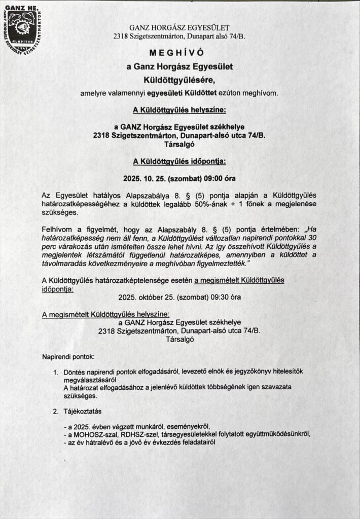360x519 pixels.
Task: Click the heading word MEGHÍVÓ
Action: tap(179, 53)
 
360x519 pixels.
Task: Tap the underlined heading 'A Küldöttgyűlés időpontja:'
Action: tap(179, 162)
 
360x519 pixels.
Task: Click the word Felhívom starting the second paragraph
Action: tap(59, 230)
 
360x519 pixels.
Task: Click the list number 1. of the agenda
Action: tap(57, 373)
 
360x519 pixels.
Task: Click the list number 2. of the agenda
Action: tap(57, 411)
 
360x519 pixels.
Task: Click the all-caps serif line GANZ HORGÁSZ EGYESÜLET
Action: tap(179, 27)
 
